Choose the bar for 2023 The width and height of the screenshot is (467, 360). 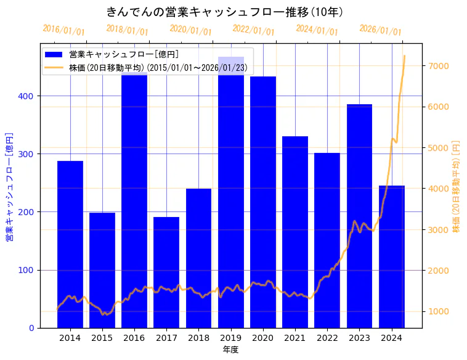click(x=359, y=216)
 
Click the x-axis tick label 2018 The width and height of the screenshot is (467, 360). click(x=198, y=338)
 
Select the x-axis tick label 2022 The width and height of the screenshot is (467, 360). click(x=327, y=338)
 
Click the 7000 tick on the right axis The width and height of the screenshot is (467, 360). click(x=439, y=66)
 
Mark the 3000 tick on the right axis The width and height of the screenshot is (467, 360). click(x=439, y=230)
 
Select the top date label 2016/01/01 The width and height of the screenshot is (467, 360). click(x=63, y=30)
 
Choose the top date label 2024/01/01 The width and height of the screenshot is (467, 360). click(x=317, y=30)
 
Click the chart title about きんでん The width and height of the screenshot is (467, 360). click(x=224, y=12)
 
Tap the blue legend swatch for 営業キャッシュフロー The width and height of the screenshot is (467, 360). click(x=54, y=55)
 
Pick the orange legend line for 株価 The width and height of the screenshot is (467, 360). click(x=54, y=67)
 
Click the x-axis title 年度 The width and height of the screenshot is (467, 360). click(x=230, y=350)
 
